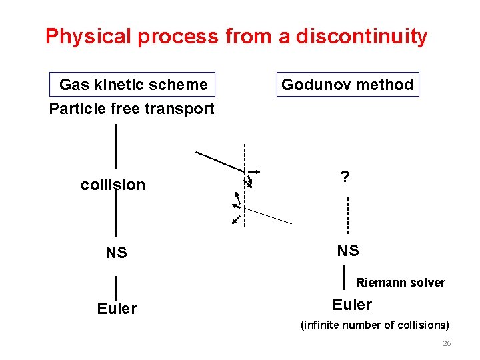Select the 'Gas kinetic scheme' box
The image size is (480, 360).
tap(133, 85)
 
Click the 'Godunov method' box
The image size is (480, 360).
tap(347, 85)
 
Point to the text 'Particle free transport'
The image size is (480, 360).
tap(132, 108)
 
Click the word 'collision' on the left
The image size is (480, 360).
tap(113, 185)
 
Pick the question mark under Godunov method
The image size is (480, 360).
tap(345, 177)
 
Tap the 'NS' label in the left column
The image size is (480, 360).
tap(116, 253)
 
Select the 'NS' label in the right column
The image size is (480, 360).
tap(348, 251)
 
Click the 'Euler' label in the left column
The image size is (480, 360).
tap(117, 308)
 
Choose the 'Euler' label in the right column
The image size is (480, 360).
tap(352, 305)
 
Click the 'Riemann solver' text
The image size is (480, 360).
tap(400, 283)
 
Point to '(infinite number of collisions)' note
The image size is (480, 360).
tap(375, 325)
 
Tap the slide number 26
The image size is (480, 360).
tap(447, 343)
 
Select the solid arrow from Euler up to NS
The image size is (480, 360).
tap(343, 277)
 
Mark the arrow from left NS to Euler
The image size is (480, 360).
tap(117, 288)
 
